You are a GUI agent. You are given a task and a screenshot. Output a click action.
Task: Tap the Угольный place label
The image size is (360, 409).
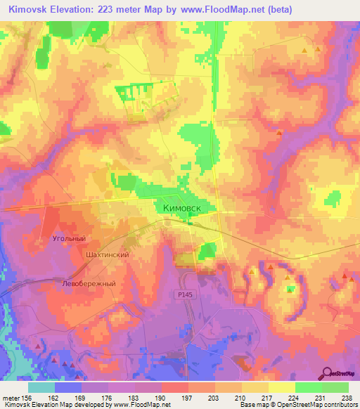tap(69, 238)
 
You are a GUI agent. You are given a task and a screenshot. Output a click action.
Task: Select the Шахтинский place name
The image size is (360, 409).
tap(106, 254)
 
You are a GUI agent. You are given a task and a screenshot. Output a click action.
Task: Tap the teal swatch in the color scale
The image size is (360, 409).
tap(41, 387)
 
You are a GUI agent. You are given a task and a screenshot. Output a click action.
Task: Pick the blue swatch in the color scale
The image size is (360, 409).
tap(68, 387)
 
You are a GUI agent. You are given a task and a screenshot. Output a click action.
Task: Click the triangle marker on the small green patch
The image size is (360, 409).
tap(289, 289)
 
